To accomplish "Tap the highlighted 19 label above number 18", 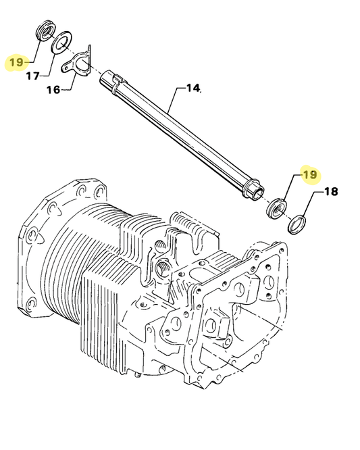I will (309, 175).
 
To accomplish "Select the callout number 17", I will (33, 76).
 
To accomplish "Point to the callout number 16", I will (53, 89).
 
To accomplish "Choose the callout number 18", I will (330, 191).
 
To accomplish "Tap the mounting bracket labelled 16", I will (77, 61).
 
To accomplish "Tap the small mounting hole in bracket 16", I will (66, 67).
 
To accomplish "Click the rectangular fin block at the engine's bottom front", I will (108, 311).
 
